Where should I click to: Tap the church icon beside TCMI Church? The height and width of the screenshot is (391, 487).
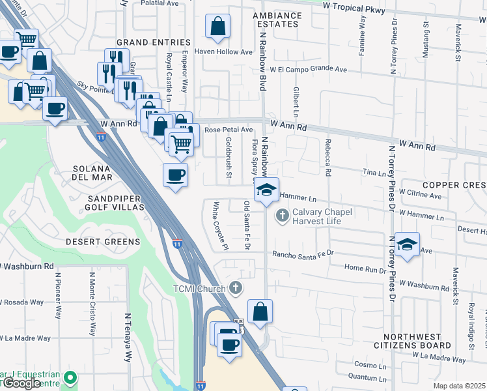point(236,288)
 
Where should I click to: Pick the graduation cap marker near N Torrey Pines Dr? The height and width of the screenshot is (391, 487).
point(407,244)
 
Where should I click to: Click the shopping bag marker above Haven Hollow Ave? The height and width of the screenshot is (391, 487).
point(217,27)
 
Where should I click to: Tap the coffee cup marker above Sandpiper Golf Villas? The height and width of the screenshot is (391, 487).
point(175,175)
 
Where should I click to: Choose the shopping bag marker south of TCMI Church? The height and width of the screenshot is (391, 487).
point(260,312)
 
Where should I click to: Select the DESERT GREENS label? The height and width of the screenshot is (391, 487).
point(103,242)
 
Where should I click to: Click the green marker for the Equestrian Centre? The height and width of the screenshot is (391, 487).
point(71,377)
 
